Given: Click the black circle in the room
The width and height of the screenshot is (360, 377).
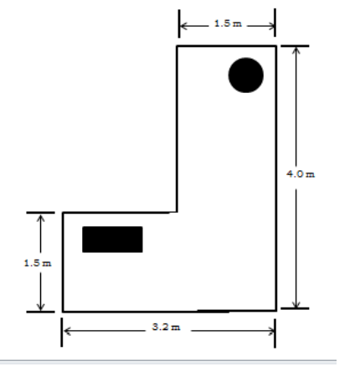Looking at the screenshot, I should [246, 75].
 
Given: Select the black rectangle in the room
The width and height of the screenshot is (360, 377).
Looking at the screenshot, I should [112, 239].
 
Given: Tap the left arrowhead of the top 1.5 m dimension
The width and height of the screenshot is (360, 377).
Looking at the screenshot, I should [182, 24].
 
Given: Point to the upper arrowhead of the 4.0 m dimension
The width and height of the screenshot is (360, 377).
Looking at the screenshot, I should [295, 49].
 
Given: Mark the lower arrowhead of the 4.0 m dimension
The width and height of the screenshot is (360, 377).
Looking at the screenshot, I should [295, 306].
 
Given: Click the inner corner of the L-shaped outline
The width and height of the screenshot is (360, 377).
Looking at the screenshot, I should [176, 212].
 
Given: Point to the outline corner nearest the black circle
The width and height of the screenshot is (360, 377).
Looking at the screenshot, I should [275, 45].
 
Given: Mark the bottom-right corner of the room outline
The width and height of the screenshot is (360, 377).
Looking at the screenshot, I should [275, 310].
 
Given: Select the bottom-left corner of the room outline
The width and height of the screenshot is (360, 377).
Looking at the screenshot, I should [63, 310].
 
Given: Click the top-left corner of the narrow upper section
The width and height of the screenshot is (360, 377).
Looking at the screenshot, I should [176, 45].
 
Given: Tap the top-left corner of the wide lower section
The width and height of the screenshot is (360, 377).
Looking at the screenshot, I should [63, 212].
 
